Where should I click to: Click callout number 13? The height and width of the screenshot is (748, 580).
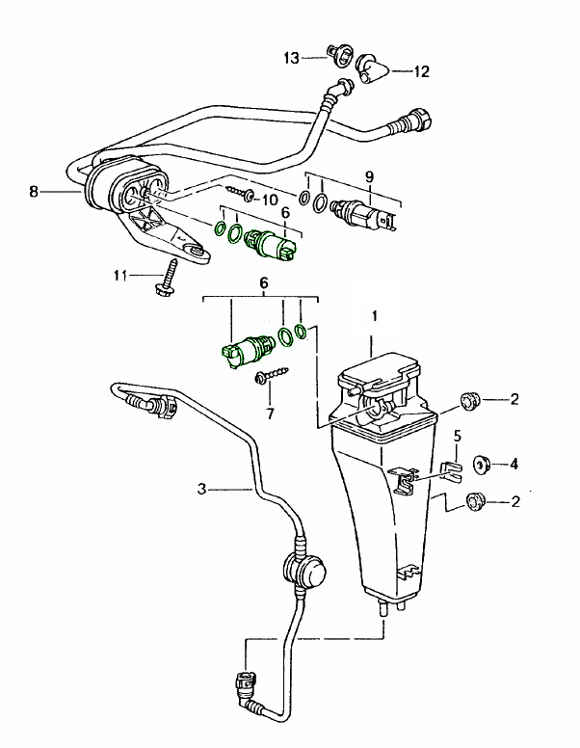click(292, 58)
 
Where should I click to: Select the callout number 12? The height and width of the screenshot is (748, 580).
click(422, 70)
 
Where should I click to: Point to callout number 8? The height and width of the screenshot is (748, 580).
click(34, 192)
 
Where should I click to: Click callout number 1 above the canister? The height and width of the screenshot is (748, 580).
click(376, 316)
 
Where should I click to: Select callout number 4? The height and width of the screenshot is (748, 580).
click(514, 464)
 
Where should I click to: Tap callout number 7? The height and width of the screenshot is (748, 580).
click(270, 414)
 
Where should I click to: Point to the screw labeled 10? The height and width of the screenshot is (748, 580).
click(240, 196)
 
